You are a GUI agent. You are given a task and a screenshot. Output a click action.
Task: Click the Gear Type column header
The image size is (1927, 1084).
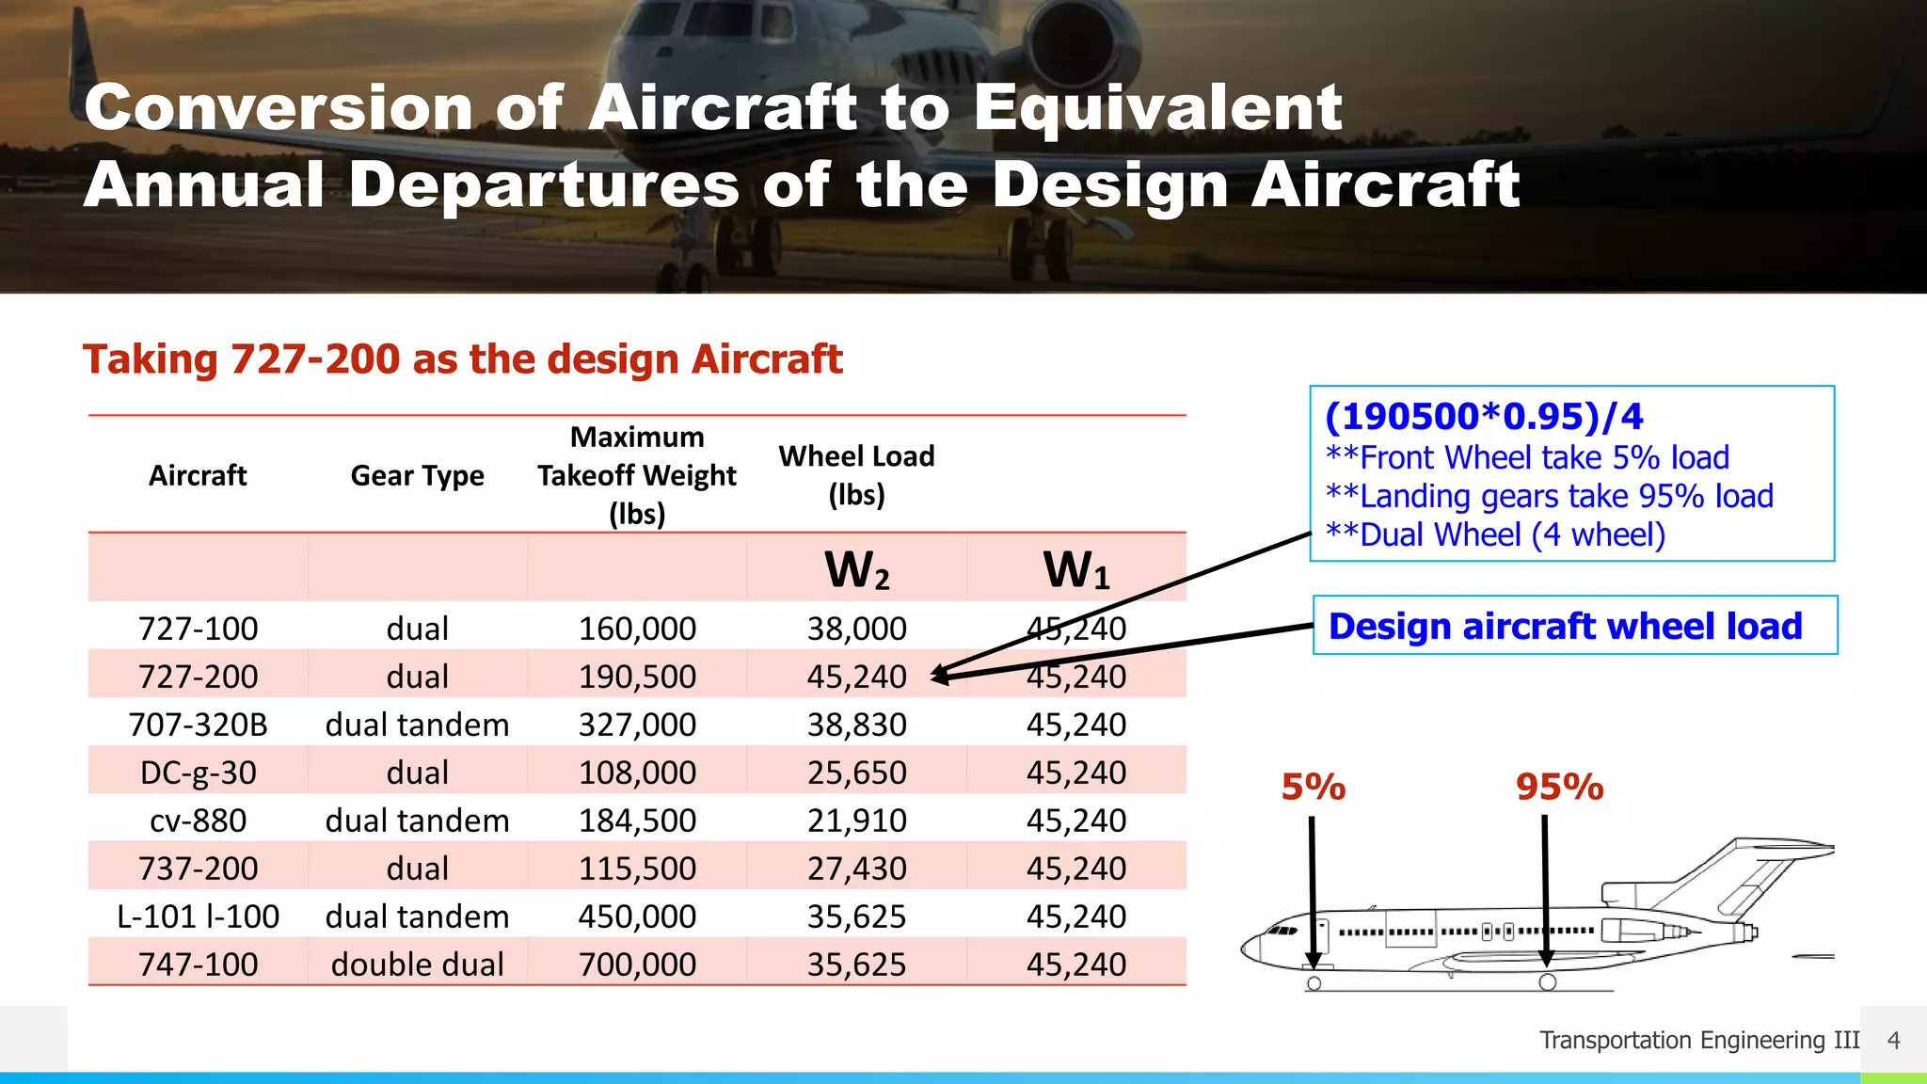coord(417,476)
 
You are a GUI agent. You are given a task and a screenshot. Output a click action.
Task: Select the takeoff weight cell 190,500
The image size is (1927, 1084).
coord(637,677)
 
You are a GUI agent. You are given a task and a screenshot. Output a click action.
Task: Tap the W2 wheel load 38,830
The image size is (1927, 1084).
coord(856,725)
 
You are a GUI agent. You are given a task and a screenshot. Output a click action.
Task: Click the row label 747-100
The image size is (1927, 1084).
coord(198,964)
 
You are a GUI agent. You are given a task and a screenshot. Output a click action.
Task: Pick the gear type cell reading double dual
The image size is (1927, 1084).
coord(417,964)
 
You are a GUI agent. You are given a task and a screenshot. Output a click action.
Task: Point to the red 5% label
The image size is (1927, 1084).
coord(1314,788)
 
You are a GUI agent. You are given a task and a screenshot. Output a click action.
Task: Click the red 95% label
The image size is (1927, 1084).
coord(1559,788)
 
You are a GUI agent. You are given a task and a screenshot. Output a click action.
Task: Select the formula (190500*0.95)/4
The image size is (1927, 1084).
coord(1484,416)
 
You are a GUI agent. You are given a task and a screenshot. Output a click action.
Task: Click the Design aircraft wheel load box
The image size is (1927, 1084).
coord(1574,626)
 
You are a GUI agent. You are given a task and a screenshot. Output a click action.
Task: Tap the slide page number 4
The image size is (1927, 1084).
coord(1893,1040)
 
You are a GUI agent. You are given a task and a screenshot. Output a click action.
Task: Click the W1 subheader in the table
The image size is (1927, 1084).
coord(1075,570)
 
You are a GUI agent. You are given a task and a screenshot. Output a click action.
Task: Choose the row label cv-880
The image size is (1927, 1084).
coord(198,821)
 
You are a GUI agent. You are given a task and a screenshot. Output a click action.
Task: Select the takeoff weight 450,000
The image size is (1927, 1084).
coord(637,917)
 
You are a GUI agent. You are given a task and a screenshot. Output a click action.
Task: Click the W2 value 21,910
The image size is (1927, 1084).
coord(856,821)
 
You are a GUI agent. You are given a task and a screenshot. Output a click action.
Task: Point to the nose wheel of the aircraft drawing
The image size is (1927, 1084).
coord(1314,983)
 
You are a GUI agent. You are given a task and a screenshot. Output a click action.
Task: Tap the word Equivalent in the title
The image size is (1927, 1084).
coord(1157,107)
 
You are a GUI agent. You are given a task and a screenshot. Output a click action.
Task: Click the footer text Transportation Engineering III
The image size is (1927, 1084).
coord(1698,1040)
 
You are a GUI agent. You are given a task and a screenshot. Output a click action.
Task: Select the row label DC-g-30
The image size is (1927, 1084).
coord(198,773)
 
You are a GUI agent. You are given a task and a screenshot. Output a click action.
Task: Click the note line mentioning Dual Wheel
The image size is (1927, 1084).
coord(1496,534)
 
